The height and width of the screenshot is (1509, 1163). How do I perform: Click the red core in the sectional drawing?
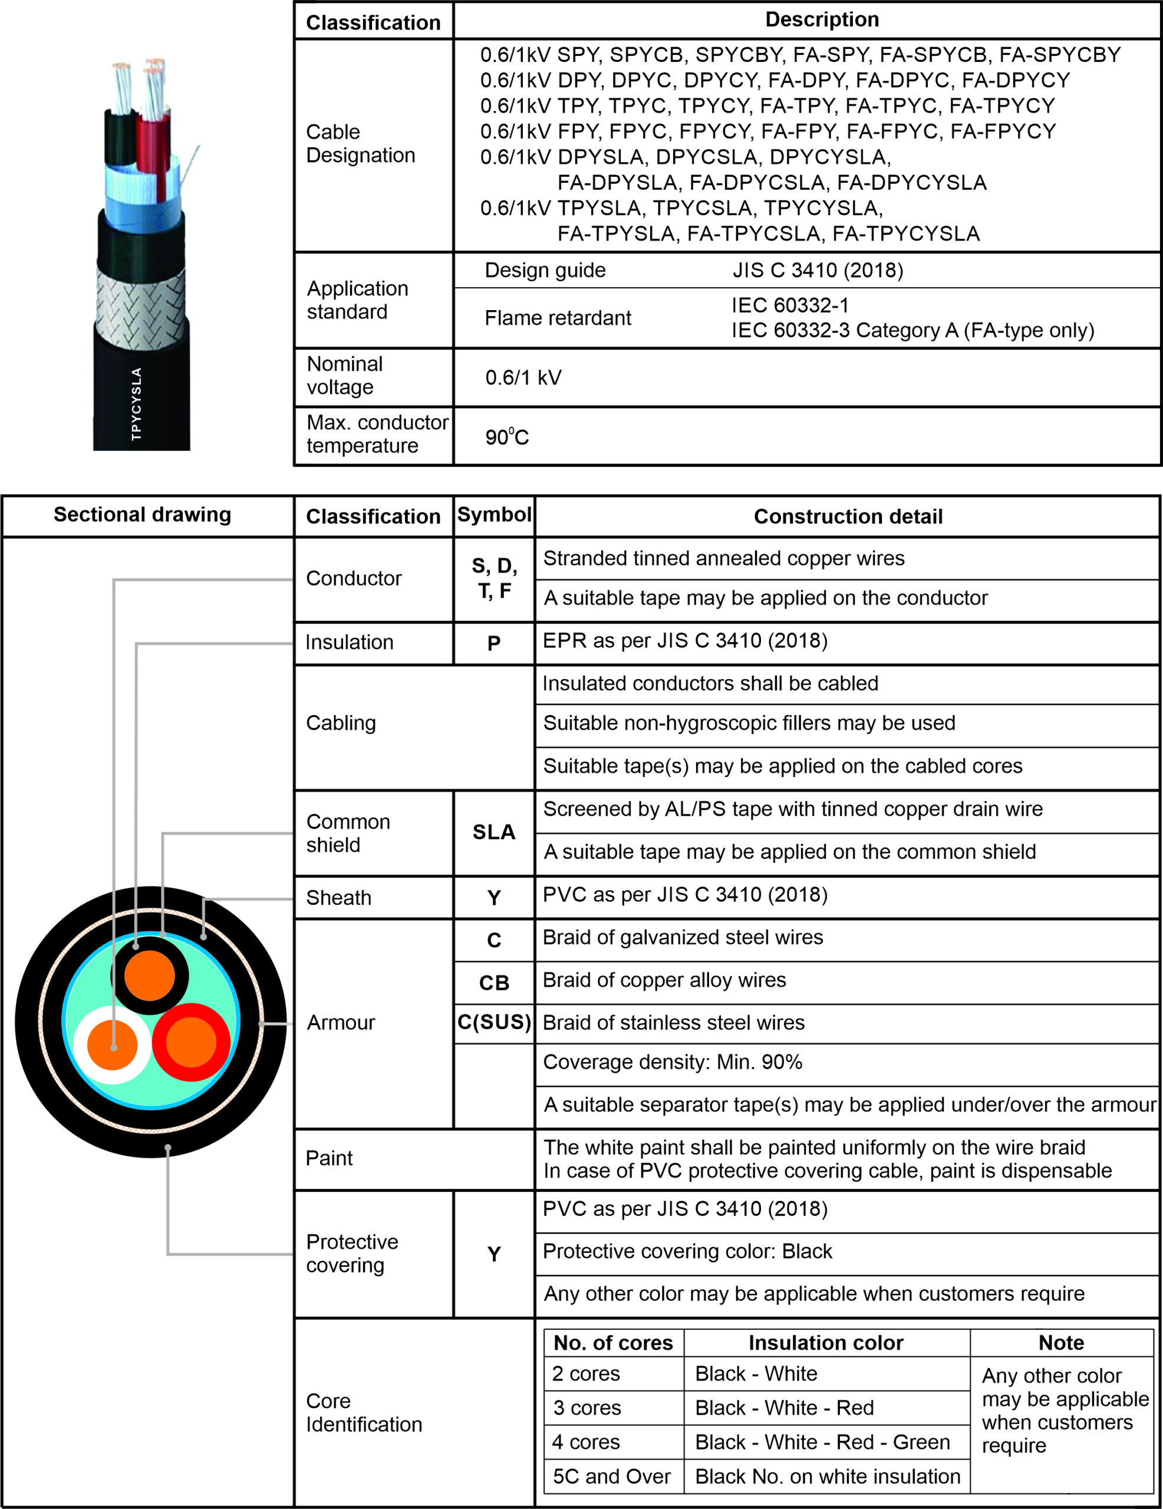click(x=192, y=1042)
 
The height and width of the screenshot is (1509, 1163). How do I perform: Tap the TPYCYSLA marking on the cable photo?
click(x=136, y=404)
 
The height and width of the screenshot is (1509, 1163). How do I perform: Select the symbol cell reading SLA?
click(x=493, y=832)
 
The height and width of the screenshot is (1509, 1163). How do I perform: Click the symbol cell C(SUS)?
click(x=494, y=1022)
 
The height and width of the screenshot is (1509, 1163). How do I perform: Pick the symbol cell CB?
click(x=493, y=983)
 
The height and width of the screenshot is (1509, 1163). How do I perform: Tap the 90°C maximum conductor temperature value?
click(x=506, y=437)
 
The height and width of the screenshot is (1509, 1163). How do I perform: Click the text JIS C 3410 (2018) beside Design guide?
click(x=818, y=270)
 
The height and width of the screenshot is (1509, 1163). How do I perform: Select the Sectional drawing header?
click(x=142, y=515)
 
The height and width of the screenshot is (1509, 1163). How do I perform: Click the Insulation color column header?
click(x=826, y=1343)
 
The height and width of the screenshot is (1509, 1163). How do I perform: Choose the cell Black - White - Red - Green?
click(x=822, y=1442)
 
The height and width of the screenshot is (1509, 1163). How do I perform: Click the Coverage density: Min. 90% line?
click(x=673, y=1062)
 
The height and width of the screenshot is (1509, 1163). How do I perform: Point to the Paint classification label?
click(x=329, y=1158)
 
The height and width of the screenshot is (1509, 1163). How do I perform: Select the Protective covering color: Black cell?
click(x=687, y=1251)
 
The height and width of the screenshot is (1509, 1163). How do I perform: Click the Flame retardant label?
click(x=558, y=318)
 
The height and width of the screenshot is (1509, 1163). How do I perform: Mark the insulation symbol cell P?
click(x=493, y=643)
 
